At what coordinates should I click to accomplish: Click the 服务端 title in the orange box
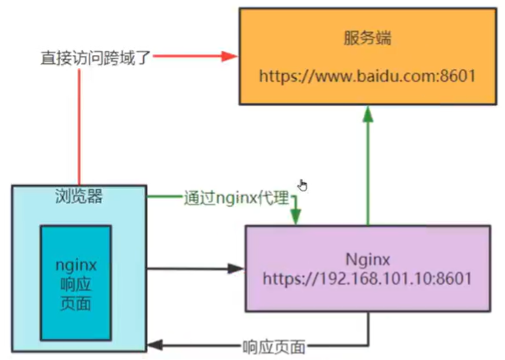(x=368, y=38)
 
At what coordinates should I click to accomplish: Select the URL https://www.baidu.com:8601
(x=368, y=76)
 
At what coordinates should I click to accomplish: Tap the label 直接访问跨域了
(x=95, y=58)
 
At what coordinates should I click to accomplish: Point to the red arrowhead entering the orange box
(x=229, y=56)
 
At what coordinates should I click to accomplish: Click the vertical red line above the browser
(x=79, y=127)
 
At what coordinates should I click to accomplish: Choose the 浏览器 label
(x=79, y=196)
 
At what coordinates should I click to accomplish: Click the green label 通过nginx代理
(x=236, y=197)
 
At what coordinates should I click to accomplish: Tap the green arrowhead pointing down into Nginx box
(x=296, y=217)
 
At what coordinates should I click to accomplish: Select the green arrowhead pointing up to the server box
(x=368, y=114)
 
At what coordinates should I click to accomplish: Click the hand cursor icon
(x=303, y=186)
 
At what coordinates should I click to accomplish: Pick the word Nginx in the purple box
(x=368, y=260)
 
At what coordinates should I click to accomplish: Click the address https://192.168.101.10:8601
(x=368, y=279)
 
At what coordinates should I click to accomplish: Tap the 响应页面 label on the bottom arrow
(x=273, y=347)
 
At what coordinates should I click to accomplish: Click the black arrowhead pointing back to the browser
(x=155, y=345)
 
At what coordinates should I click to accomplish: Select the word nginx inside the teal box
(x=76, y=265)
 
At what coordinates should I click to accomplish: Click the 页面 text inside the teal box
(x=76, y=303)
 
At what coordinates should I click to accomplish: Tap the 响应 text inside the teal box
(x=76, y=284)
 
